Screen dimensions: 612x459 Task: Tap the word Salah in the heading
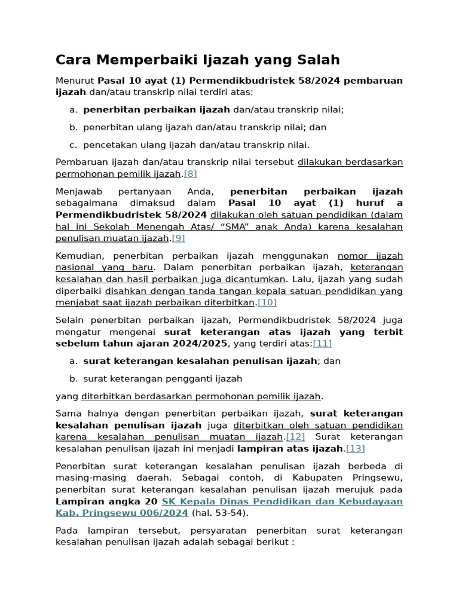(318, 60)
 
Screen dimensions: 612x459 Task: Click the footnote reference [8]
(190, 174)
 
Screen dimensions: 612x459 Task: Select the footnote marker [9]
(178, 238)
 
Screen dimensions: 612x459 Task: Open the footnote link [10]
(267, 302)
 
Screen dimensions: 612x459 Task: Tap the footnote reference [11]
(322, 343)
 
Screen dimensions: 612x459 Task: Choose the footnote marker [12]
(295, 437)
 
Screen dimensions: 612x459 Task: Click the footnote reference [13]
(356, 448)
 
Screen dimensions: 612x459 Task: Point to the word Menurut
(75, 81)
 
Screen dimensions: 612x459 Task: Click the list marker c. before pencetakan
(74, 145)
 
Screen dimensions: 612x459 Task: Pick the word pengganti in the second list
(179, 378)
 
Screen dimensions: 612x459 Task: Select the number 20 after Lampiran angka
(151, 501)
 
